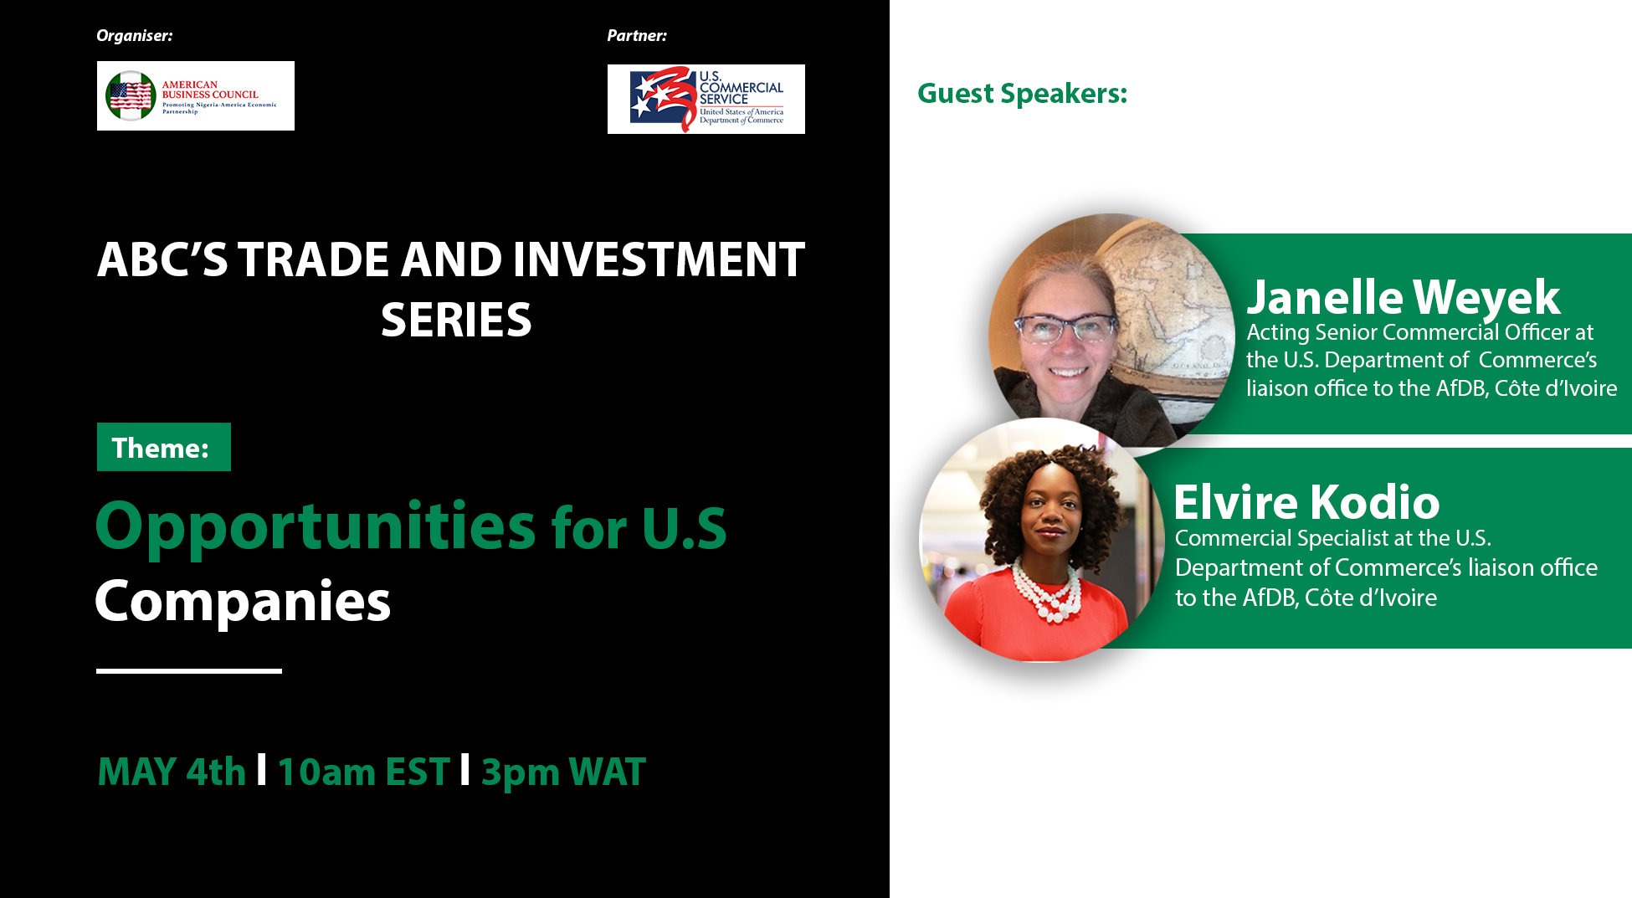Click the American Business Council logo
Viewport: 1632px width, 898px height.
point(196,95)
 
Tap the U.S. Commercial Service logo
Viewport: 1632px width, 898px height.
point(706,99)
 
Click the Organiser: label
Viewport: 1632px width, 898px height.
point(134,36)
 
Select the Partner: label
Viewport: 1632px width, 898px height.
point(637,36)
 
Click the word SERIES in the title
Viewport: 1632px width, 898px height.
point(456,320)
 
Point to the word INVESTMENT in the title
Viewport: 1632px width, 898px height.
point(659,259)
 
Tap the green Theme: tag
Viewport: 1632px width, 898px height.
point(164,447)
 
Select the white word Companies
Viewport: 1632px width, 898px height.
point(243,602)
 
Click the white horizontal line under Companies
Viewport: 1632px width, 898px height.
point(189,670)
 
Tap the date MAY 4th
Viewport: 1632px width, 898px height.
point(172,772)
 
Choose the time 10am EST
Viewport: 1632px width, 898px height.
point(364,772)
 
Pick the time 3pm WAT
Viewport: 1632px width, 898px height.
point(563,772)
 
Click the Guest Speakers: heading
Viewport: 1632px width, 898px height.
point(1023,94)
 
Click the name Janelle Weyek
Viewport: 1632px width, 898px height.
point(1404,297)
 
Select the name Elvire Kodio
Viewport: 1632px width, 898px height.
point(1306,502)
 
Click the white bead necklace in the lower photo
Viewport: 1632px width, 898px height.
point(1046,590)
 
